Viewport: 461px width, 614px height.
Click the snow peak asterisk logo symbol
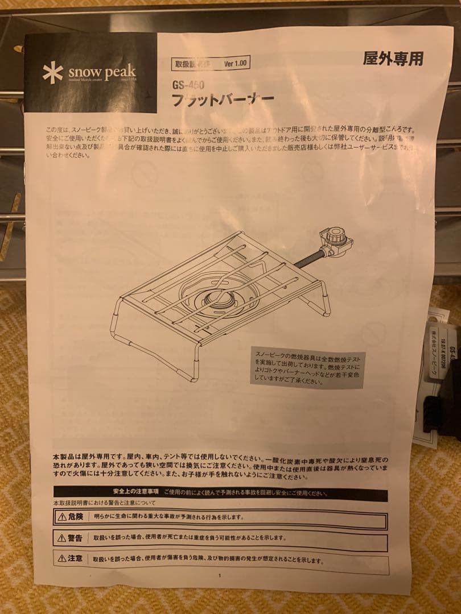point(52,72)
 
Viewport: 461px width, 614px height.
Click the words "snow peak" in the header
point(102,73)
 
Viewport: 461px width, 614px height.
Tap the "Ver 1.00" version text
point(235,64)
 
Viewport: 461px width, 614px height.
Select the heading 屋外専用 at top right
point(393,59)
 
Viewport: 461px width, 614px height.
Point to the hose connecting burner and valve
point(308,259)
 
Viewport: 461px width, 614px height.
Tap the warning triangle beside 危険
point(61,517)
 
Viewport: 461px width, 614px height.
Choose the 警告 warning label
point(75,538)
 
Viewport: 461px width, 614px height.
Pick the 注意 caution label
point(75,558)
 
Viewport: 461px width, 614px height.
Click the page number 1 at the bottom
point(220,575)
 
